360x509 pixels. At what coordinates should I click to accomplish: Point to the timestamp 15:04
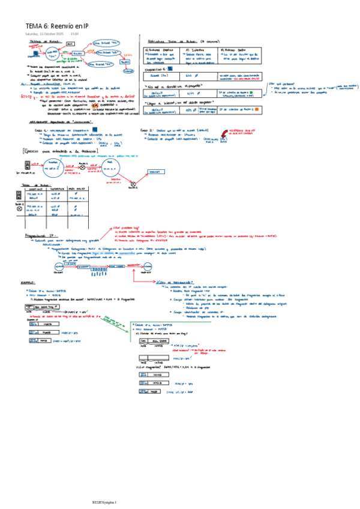pyautogui.click(x=75, y=34)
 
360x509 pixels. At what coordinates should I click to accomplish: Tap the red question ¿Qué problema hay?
pyautogui.click(x=125, y=228)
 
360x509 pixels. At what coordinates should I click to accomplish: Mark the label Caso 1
pyautogui.click(x=40, y=130)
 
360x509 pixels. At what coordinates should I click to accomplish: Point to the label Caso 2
pyautogui.click(x=147, y=130)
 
